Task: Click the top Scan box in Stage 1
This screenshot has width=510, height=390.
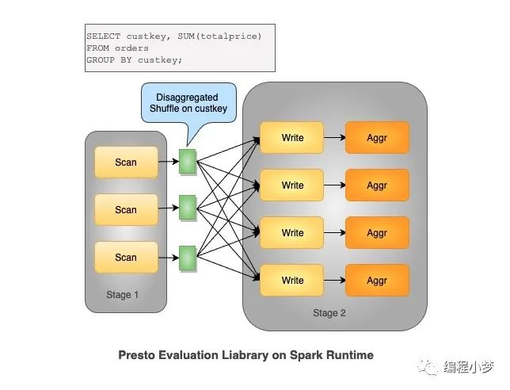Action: pos(126,162)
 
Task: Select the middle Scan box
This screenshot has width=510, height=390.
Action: pos(126,209)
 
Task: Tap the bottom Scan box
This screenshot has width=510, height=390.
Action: pos(126,257)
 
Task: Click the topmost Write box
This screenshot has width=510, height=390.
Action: pos(292,137)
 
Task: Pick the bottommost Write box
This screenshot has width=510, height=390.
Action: pos(292,280)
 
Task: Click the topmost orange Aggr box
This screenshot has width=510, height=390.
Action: pos(377,137)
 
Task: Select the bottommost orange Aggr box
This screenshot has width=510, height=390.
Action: pos(377,280)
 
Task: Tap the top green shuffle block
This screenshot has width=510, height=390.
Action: pos(188,162)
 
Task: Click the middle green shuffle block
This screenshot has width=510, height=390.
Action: pos(188,208)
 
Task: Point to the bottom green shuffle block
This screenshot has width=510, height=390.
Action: pos(188,258)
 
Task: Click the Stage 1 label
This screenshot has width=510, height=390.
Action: pos(122,295)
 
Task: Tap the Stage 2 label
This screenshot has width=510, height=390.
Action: pos(329,313)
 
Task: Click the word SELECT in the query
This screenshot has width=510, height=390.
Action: pos(104,36)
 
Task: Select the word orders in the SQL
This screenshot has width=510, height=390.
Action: pos(131,48)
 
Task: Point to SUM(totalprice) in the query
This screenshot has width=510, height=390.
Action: pos(219,36)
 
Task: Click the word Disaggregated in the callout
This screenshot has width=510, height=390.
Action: pos(187,97)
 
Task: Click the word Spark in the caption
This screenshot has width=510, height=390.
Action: pos(306,355)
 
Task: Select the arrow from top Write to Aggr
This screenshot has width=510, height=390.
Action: pos(335,137)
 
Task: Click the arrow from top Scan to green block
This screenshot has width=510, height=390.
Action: pos(169,161)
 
